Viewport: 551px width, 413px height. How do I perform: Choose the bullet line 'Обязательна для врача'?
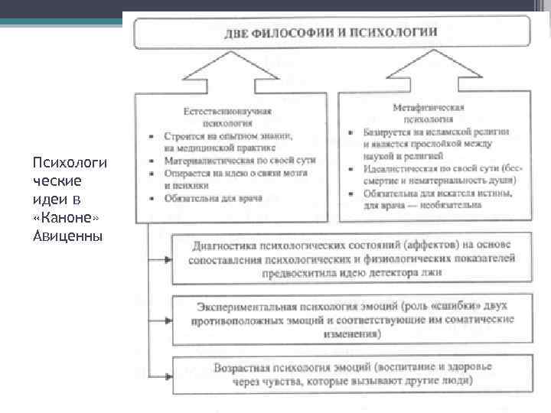click(x=213, y=199)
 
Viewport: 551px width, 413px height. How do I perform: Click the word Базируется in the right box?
click(x=387, y=132)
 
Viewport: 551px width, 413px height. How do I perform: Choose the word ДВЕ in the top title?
click(x=238, y=34)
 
